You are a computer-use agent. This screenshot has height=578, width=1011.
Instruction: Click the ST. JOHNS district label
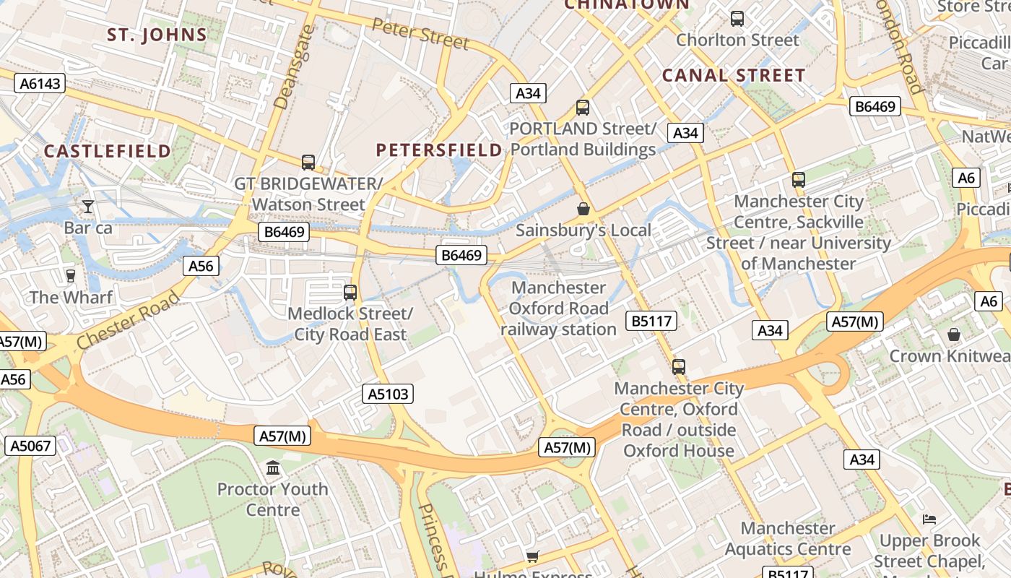[x=157, y=35]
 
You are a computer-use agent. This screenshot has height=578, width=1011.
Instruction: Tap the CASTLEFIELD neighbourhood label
[x=108, y=151]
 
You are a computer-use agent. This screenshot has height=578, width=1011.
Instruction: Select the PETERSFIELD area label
[x=439, y=150]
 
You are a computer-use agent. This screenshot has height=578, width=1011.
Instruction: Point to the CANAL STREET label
[x=733, y=76]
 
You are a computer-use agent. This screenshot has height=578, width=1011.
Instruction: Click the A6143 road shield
[x=40, y=84]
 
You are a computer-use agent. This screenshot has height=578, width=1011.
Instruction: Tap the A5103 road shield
[x=388, y=394]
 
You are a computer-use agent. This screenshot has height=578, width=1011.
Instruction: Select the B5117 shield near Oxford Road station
[x=652, y=321]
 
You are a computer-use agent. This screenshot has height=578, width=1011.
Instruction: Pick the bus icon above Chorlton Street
[x=737, y=19]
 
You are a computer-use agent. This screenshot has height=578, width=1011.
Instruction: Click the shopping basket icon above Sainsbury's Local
[x=583, y=209]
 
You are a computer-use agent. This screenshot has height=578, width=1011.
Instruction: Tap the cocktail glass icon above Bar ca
[x=87, y=207]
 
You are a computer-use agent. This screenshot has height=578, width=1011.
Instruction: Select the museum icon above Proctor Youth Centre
[x=273, y=468]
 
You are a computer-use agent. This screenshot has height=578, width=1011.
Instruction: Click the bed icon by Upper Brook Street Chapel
[x=929, y=519]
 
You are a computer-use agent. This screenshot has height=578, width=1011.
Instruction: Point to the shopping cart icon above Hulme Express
[x=532, y=556]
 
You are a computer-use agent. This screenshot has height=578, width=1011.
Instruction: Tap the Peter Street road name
[x=420, y=33]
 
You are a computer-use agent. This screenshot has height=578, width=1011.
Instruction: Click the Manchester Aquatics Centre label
[x=787, y=539]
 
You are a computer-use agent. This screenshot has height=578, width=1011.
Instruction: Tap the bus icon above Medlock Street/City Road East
[x=350, y=293]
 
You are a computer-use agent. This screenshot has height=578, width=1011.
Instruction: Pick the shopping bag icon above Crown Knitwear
[x=954, y=335]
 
